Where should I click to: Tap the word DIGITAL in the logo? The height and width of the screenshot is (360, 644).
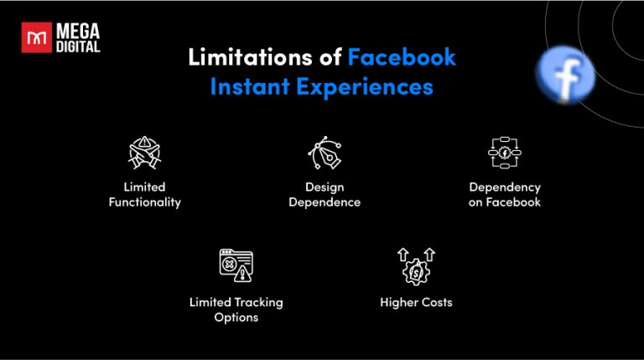(78, 47)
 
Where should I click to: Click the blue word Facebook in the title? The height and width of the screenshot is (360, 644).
(402, 58)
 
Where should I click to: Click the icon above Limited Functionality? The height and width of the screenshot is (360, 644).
(144, 154)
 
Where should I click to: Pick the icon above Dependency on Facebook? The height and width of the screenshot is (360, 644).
(505, 154)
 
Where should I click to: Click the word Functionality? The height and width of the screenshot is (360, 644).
(145, 202)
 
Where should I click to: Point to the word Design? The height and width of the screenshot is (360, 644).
(324, 187)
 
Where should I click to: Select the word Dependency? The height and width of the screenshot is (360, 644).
(505, 187)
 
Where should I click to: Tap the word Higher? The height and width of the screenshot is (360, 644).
(397, 302)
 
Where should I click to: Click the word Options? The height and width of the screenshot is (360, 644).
(236, 317)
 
